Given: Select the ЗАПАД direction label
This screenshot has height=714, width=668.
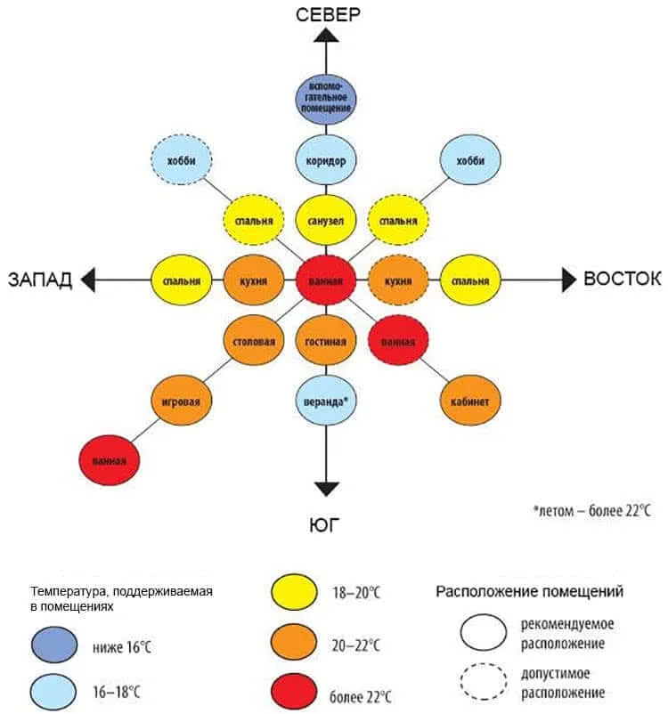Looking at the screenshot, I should (x=40, y=280).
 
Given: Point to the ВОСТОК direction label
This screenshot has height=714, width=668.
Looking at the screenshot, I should (x=622, y=279).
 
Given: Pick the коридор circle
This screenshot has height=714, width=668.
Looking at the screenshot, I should (x=326, y=161).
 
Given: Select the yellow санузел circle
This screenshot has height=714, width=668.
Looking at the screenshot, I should (x=326, y=220).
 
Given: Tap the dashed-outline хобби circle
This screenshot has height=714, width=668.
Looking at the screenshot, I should (x=181, y=161).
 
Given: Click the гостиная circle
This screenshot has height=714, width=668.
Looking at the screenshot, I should (x=326, y=341).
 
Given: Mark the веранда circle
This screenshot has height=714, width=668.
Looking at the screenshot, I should (x=326, y=402).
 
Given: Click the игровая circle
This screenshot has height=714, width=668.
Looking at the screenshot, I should (x=181, y=402).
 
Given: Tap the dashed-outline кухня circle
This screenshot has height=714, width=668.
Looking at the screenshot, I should (x=398, y=280).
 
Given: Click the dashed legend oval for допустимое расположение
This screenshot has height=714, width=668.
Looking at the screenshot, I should (x=485, y=681).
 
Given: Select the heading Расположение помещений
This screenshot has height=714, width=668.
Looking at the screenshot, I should (x=529, y=591).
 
